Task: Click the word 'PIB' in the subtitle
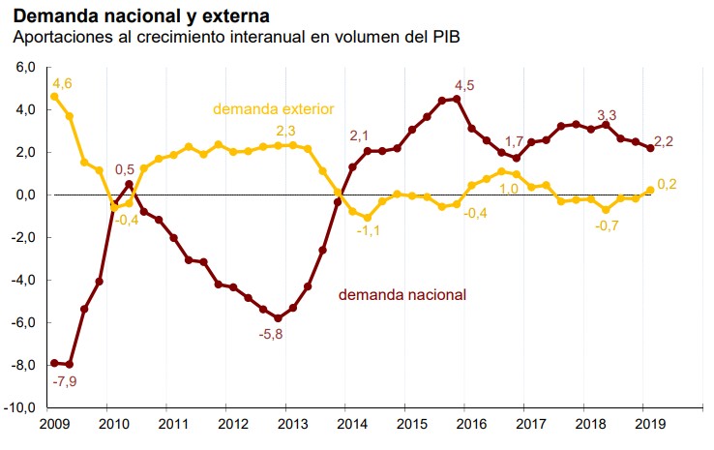click(x=445, y=39)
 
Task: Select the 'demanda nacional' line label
click(x=402, y=293)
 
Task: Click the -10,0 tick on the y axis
click(x=21, y=407)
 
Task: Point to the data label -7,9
click(x=64, y=381)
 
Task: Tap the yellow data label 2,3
click(x=286, y=131)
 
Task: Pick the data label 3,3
click(x=608, y=112)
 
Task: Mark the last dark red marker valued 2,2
click(x=650, y=148)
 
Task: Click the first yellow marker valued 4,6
click(x=54, y=97)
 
